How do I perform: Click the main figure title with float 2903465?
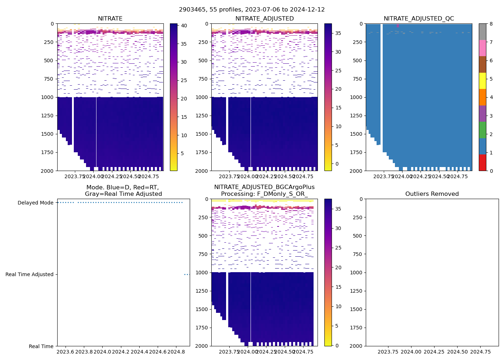252,10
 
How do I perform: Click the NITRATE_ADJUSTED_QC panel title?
419,19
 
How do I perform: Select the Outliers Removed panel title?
432,194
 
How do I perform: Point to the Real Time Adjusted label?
30,274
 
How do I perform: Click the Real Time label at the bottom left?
41,346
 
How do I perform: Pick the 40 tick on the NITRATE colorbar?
184,26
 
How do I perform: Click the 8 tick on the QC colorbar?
491,24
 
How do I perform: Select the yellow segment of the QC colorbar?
482,81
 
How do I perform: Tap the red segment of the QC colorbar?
482,163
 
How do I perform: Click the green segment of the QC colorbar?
482,130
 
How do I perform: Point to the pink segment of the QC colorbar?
482,48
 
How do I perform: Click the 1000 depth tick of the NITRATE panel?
49,97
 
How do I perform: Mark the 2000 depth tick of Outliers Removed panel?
357,346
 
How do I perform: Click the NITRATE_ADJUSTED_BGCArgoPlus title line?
264,187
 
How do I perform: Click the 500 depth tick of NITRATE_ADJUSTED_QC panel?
357,60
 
